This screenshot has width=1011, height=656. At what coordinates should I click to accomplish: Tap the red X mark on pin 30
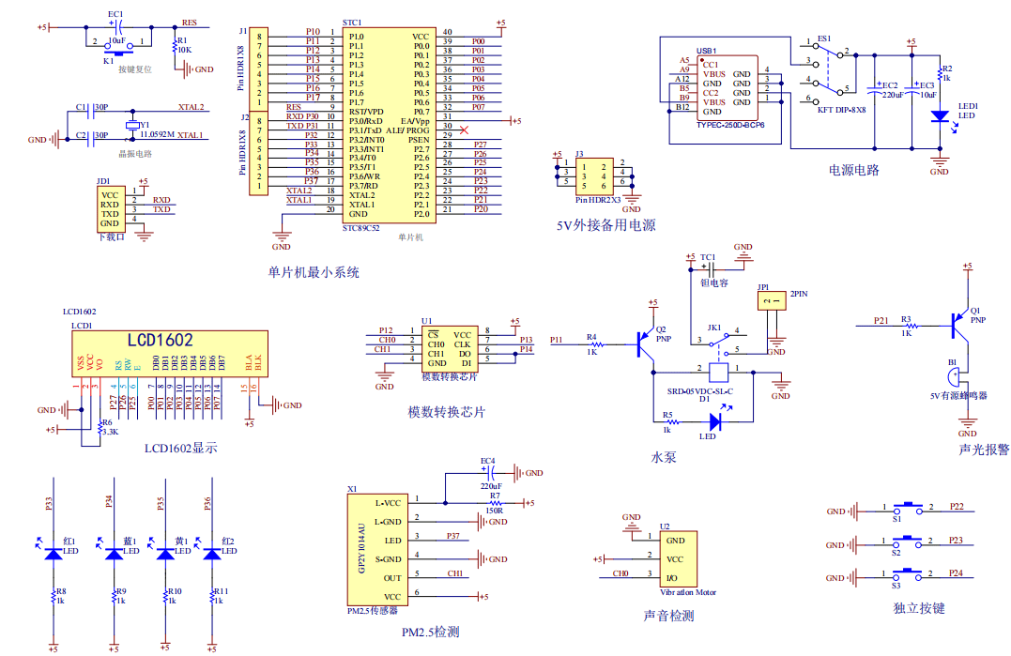click(x=464, y=128)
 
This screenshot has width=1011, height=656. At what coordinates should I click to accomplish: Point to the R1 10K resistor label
click(x=184, y=45)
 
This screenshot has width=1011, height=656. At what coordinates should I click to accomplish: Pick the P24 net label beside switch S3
click(x=956, y=572)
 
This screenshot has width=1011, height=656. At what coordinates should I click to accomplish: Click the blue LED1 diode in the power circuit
click(x=939, y=116)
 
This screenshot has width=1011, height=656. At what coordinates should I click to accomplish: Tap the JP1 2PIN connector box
click(x=772, y=300)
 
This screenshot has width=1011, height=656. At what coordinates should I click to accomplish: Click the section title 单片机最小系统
click(x=314, y=273)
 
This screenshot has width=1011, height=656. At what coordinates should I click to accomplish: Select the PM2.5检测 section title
click(x=430, y=632)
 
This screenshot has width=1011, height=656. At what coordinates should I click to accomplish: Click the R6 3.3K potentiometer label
click(x=109, y=427)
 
